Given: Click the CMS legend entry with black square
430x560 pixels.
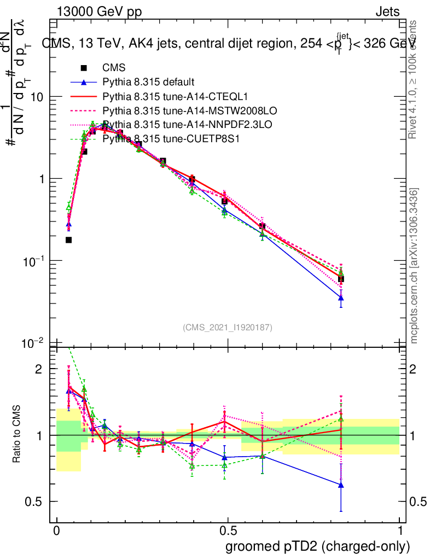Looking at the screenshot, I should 114,68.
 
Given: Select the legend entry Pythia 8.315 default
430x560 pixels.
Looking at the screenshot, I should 148,83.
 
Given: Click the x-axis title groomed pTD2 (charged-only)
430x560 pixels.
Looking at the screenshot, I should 317,546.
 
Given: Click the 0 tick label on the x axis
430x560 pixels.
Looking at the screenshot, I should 56,531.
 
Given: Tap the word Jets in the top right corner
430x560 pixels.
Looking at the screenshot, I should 387,11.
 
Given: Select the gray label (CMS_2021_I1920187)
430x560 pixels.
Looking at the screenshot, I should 228,327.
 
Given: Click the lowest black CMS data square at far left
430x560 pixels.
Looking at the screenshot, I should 68,240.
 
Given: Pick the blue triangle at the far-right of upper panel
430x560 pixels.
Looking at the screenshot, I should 341,298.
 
